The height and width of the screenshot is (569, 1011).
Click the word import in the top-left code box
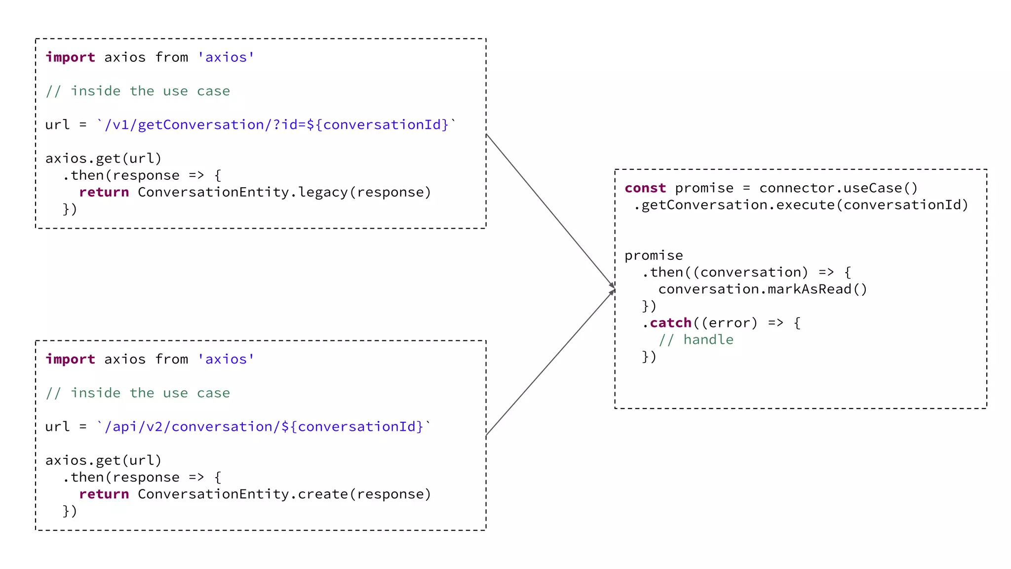pos(70,57)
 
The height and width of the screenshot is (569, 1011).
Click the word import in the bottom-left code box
pos(70,359)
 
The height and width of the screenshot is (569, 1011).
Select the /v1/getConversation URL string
pos(276,124)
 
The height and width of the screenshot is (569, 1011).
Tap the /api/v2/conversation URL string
pos(264,426)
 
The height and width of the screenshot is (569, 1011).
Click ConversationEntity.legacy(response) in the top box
pos(284,192)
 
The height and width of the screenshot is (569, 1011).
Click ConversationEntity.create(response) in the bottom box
pos(284,494)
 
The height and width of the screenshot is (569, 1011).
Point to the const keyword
pos(645,188)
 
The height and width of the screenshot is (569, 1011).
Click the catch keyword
pos(670,323)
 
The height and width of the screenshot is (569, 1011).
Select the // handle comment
pos(696,340)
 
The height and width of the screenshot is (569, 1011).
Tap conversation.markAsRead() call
pos(762,289)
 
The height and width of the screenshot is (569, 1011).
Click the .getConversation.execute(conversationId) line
pos(801,205)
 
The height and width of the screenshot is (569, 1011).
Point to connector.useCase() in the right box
pos(838,188)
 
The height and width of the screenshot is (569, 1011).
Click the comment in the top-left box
pos(138,91)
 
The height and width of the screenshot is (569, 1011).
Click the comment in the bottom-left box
pos(138,393)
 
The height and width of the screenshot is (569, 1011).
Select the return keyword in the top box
pos(104,192)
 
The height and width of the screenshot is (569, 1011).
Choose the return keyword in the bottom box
pos(104,494)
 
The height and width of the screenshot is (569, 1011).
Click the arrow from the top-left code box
pos(550,210)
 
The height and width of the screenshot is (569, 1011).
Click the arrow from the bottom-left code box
pos(550,364)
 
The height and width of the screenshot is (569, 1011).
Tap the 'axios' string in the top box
pos(226,57)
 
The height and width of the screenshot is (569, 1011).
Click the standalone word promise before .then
pos(654,255)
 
